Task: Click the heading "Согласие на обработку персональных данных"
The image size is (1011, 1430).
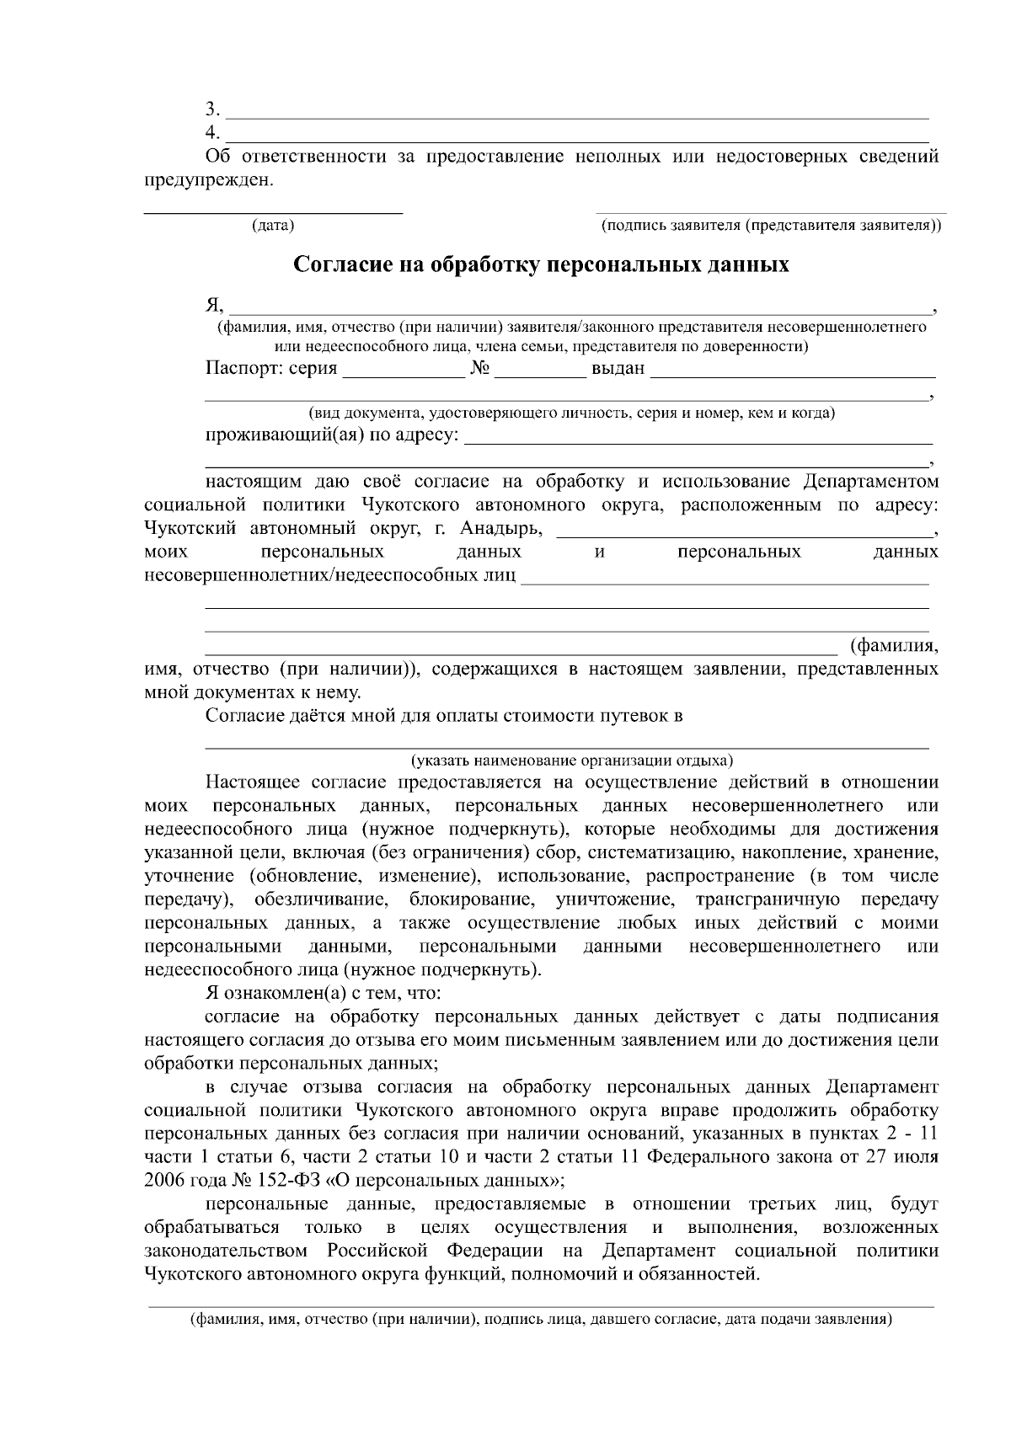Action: click(541, 265)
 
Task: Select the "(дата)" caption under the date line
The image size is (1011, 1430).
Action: click(273, 226)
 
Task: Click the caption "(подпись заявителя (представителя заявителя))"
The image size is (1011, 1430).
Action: click(771, 226)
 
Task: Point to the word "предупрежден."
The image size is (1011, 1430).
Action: click(209, 180)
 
